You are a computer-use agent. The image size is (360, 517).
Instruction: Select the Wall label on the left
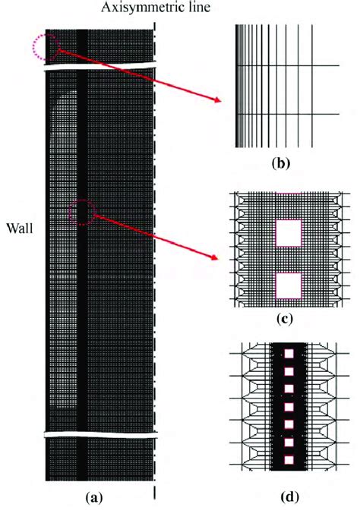point(19,227)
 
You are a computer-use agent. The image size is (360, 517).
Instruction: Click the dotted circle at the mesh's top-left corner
point(45,47)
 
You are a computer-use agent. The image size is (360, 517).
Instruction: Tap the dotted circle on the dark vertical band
point(82,213)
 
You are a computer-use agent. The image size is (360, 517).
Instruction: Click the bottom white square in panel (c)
point(288,285)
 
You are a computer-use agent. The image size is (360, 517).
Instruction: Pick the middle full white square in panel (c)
point(288,232)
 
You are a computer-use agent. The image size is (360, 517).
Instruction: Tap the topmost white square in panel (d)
point(288,356)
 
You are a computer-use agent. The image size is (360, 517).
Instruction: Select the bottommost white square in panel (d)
point(288,459)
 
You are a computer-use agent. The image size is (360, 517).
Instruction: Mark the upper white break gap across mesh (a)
point(99,66)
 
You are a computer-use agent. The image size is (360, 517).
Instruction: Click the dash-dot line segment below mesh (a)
point(155,493)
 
